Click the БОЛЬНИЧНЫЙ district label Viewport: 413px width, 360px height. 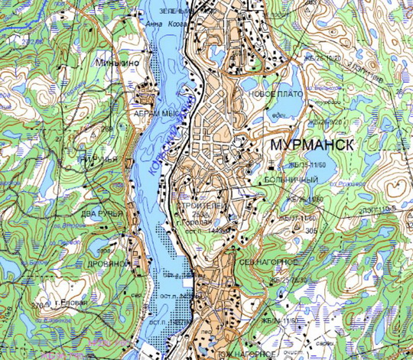tap(290, 179)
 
